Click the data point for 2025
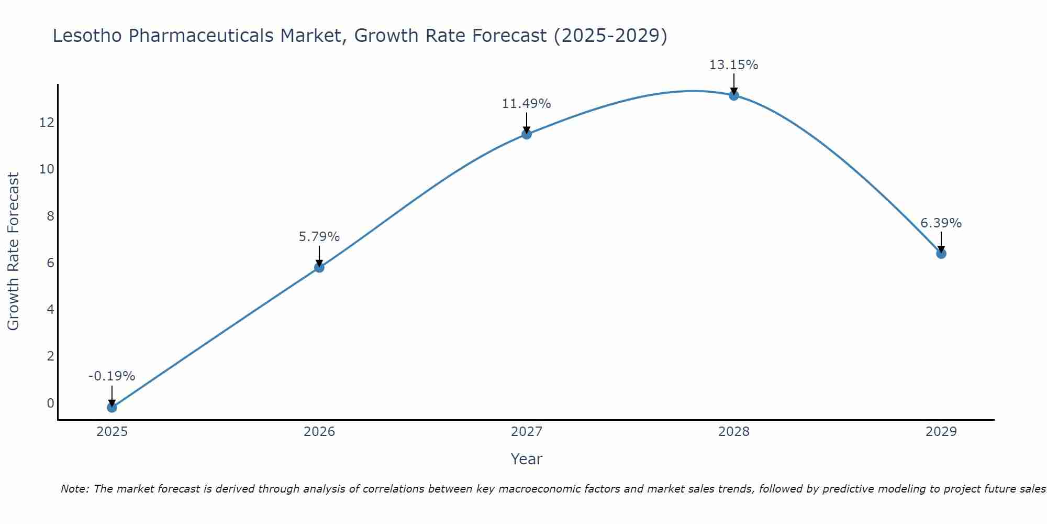(x=112, y=407)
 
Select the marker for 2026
(x=319, y=267)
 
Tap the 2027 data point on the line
(x=526, y=134)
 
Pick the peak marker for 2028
(x=733, y=95)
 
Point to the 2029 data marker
(x=941, y=254)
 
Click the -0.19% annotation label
(x=112, y=376)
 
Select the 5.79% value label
(x=319, y=237)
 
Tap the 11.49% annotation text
(x=526, y=104)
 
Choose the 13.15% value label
(x=733, y=65)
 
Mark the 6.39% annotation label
(x=941, y=223)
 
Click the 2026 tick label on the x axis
(x=319, y=432)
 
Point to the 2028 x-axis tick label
(x=733, y=432)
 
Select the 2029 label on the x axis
(x=941, y=432)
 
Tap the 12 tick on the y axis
(x=47, y=123)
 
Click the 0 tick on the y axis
(x=50, y=403)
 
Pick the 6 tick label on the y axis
(x=50, y=263)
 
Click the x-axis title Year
(x=526, y=459)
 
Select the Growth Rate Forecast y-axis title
(x=13, y=252)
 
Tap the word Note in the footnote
(x=74, y=489)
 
